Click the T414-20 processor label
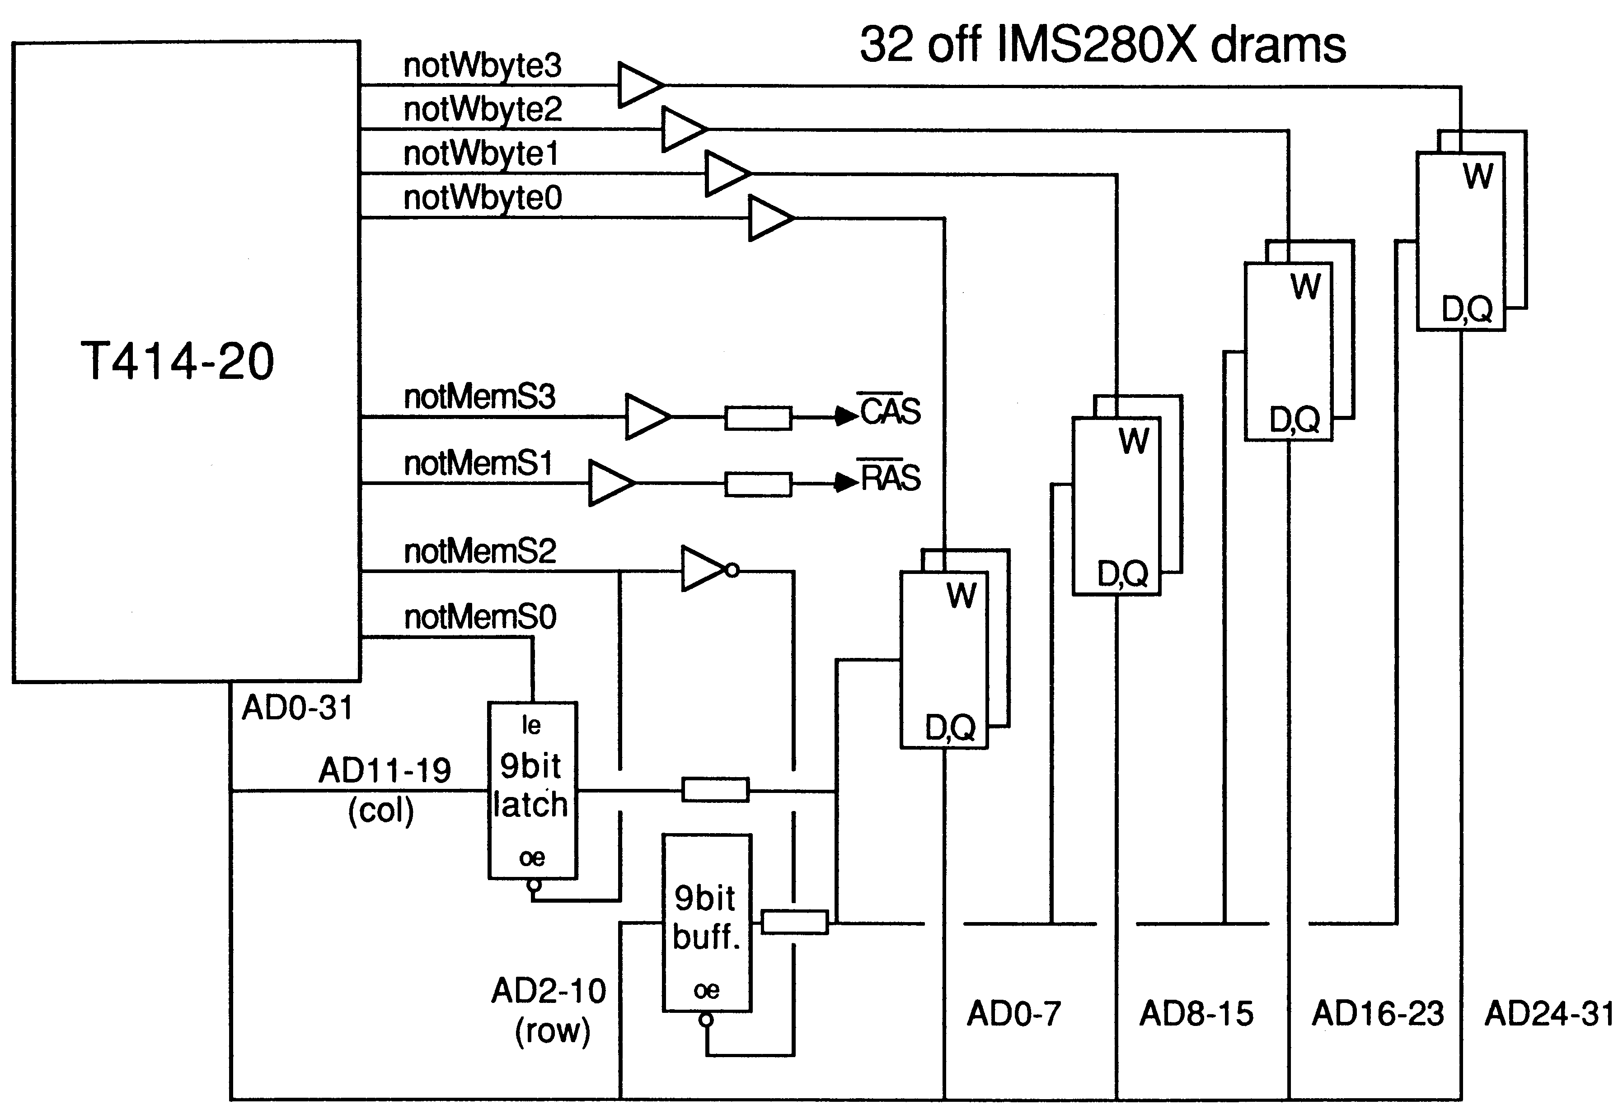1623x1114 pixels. tap(178, 362)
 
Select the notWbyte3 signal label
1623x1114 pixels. tap(483, 65)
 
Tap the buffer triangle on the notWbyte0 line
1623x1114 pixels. tap(771, 219)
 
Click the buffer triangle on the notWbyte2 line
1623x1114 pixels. tap(685, 129)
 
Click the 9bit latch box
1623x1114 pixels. tap(532, 790)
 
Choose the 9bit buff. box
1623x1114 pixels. tap(707, 923)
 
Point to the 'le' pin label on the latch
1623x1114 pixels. tap(531, 725)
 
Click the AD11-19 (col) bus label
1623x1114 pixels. tap(384, 790)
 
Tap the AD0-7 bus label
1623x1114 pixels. tap(1014, 1013)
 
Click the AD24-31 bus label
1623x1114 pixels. tap(1549, 1013)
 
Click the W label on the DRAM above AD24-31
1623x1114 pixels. tap(1478, 176)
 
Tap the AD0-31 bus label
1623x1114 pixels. tap(297, 708)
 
